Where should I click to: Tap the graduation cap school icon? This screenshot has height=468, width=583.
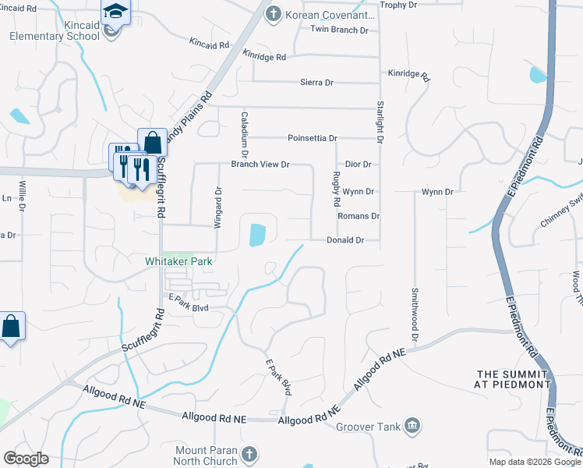pyautogui.click(x=115, y=12)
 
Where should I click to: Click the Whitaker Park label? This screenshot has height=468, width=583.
pyautogui.click(x=178, y=262)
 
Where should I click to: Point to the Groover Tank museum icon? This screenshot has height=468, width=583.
pyautogui.click(x=414, y=426)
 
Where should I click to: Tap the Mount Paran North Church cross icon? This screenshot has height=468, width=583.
pyautogui.click(x=249, y=453)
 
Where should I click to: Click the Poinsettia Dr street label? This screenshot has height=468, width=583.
pyautogui.click(x=312, y=138)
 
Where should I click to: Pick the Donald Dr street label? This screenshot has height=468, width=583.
pyautogui.click(x=345, y=241)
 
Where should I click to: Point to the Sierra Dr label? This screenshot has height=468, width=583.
pyautogui.click(x=316, y=82)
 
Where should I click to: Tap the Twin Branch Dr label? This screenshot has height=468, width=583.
pyautogui.click(x=339, y=30)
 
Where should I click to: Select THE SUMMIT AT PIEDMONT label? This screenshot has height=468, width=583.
pyautogui.click(x=514, y=379)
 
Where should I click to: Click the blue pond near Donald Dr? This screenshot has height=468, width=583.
pyautogui.click(x=256, y=234)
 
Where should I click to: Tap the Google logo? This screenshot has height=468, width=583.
pyautogui.click(x=26, y=459)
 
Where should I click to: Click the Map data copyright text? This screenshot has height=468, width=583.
pyautogui.click(x=534, y=462)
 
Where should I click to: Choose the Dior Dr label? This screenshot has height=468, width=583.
pyautogui.click(x=358, y=165)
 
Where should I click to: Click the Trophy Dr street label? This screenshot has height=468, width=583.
pyautogui.click(x=397, y=5)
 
